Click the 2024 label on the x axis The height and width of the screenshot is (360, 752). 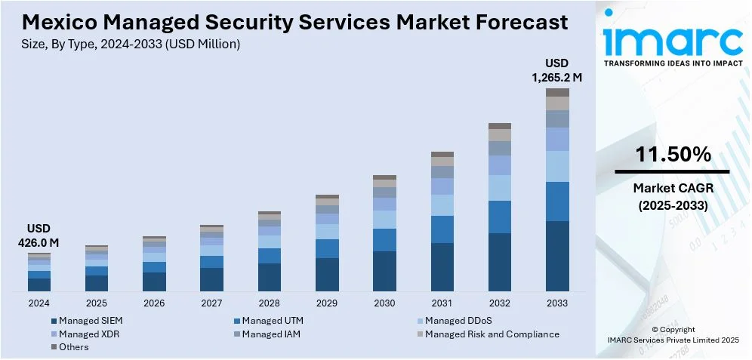[39, 303]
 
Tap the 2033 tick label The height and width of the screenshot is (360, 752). [557, 303]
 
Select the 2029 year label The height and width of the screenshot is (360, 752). [327, 303]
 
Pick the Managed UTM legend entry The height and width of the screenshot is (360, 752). [272, 321]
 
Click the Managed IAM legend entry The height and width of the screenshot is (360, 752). [271, 334]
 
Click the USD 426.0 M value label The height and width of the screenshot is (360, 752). [39, 235]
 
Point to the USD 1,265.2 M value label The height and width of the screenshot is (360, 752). [557, 69]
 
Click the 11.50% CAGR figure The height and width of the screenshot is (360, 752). [673, 155]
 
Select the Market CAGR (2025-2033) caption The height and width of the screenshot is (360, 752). [673, 196]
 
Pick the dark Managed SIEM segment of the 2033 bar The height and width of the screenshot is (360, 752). [557, 256]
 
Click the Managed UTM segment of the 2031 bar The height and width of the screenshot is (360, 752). [442, 229]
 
